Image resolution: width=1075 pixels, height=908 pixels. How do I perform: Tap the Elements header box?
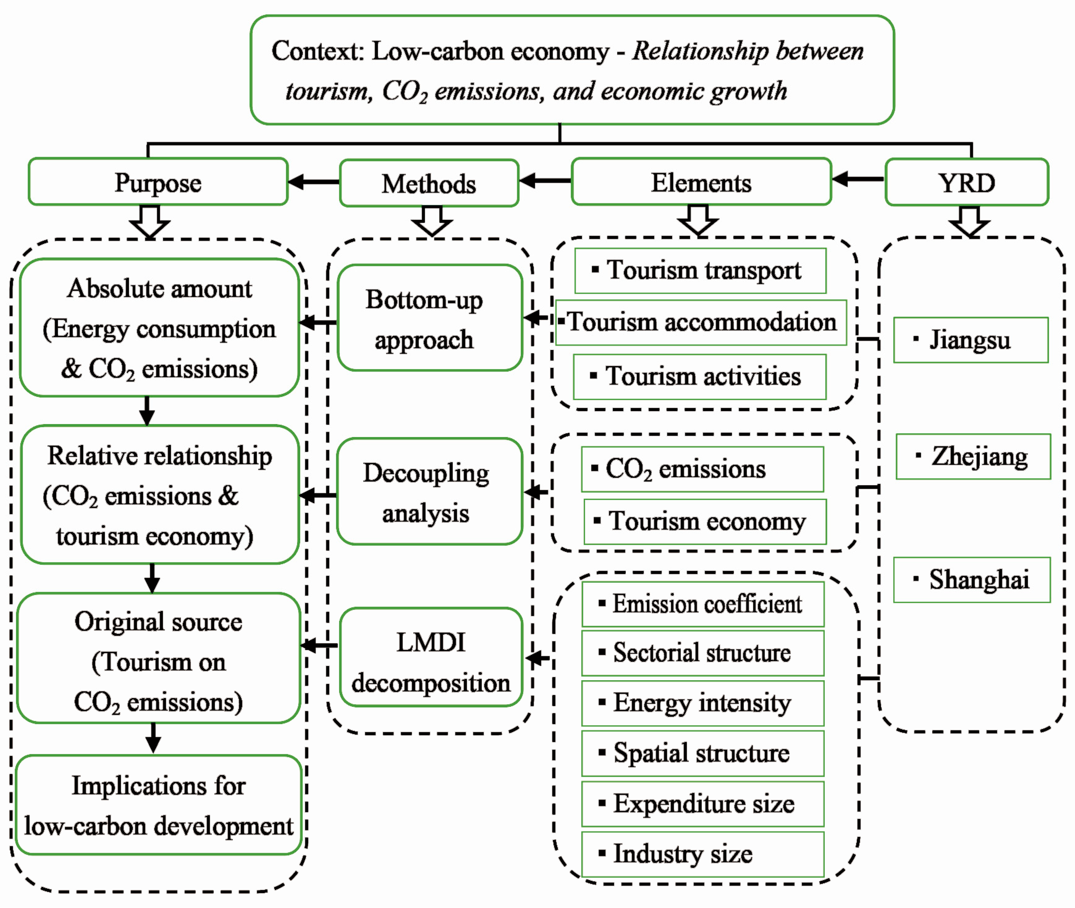click(x=701, y=182)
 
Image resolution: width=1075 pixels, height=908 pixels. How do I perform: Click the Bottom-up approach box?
click(x=430, y=318)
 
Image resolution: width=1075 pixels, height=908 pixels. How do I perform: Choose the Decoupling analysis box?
click(x=430, y=492)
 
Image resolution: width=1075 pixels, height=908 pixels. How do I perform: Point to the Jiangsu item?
click(x=971, y=340)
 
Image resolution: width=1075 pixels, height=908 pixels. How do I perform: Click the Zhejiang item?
click(x=973, y=456)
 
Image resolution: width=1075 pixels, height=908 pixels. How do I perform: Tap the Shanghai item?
click(x=972, y=580)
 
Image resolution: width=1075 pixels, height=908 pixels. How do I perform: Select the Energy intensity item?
click(x=702, y=703)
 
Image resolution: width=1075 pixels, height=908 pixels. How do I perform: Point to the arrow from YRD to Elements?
click(x=858, y=179)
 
